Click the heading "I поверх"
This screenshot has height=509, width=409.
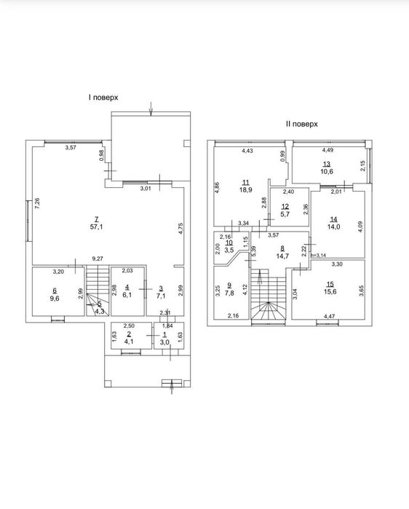click(x=103, y=98)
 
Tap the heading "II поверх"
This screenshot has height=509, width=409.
click(x=301, y=124)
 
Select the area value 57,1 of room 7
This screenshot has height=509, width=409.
click(x=96, y=227)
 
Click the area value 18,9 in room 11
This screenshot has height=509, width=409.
click(x=246, y=190)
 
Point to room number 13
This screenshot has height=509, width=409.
click(x=327, y=164)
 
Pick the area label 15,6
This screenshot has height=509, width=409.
click(x=330, y=291)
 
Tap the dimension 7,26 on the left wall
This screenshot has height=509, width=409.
click(x=37, y=203)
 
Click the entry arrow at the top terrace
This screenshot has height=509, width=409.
click(x=151, y=108)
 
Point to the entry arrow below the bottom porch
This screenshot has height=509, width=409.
click(x=172, y=387)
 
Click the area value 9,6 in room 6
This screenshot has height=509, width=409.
click(x=55, y=299)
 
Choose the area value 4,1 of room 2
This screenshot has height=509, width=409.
click(x=129, y=342)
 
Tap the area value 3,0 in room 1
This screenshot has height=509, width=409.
click(x=164, y=342)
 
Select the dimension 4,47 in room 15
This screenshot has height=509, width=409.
click(x=329, y=316)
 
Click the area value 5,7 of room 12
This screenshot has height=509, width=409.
click(x=285, y=214)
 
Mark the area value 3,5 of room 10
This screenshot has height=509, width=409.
click(x=229, y=250)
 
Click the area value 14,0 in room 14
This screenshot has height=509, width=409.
click(x=333, y=227)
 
